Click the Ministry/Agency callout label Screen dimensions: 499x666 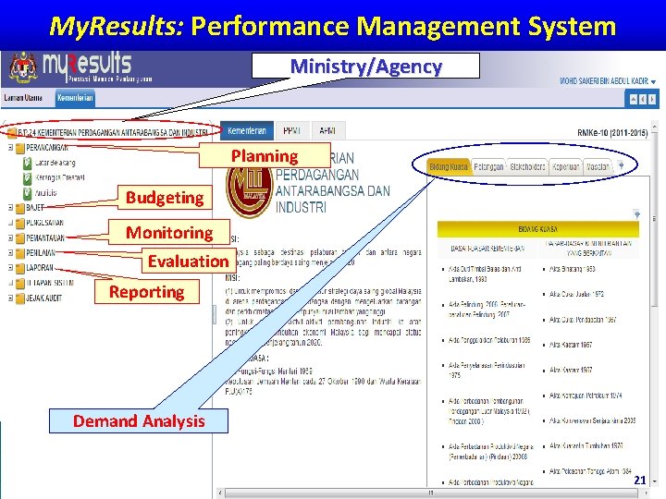[366, 67]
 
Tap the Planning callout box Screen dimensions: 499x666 [265, 155]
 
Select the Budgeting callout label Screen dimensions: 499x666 [165, 197]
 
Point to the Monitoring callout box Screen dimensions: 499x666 [169, 232]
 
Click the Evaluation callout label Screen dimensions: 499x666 [188, 261]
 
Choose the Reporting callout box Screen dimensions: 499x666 [146, 292]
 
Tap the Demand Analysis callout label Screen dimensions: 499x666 [139, 421]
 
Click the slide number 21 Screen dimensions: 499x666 [639, 481]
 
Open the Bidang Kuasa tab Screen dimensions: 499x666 [449, 167]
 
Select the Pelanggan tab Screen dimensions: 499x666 [488, 167]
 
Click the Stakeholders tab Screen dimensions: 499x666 [526, 167]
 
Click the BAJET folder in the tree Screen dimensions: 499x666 [34, 208]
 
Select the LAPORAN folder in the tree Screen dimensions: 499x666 [40, 268]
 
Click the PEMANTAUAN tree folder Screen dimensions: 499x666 [44, 238]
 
